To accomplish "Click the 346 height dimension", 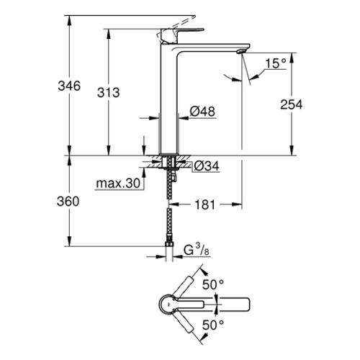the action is coord(69,86).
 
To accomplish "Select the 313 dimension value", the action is coord(108,93).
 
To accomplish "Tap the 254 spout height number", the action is coord(292,104).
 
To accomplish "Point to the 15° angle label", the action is coord(276,63).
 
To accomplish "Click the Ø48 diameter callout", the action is coord(202,112).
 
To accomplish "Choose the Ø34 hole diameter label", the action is coord(207,166).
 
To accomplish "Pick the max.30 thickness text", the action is coord(118,184).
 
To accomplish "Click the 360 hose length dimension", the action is coord(68,202).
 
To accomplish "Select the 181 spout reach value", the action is coord(205,205).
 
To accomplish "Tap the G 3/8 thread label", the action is coord(197,250).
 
